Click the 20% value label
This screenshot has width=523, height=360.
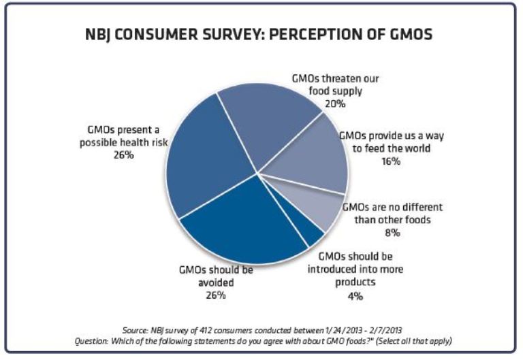pos(335,103)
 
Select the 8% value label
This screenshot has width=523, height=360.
pos(391,232)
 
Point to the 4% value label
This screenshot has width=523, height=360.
pos(355,295)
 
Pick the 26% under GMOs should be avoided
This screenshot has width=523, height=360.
pos(216,295)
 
